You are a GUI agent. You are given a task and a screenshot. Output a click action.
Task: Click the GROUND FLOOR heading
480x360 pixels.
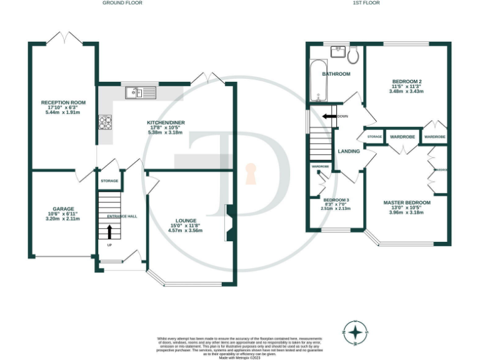122,3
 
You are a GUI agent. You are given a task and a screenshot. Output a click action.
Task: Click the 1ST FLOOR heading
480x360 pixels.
366,3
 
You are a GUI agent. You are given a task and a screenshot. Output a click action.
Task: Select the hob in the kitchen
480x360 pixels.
104,122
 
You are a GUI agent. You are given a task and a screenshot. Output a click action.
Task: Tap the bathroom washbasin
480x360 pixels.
339,49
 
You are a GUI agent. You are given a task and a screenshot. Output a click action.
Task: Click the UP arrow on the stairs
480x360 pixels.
109,232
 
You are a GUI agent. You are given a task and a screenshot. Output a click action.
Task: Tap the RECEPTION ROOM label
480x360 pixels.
63,102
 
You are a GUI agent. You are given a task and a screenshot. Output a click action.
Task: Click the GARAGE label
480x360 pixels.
63,209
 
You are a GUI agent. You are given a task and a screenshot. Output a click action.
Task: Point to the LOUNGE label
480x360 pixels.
186,221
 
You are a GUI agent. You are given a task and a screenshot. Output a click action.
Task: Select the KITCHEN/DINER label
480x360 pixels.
166,122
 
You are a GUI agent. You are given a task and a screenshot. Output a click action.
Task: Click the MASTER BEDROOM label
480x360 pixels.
407,202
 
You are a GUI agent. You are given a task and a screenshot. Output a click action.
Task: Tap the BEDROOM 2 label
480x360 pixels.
407,82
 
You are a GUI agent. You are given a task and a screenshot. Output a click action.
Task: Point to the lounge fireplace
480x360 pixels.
229,223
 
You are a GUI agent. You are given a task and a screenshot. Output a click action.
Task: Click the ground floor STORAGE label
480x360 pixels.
109,181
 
